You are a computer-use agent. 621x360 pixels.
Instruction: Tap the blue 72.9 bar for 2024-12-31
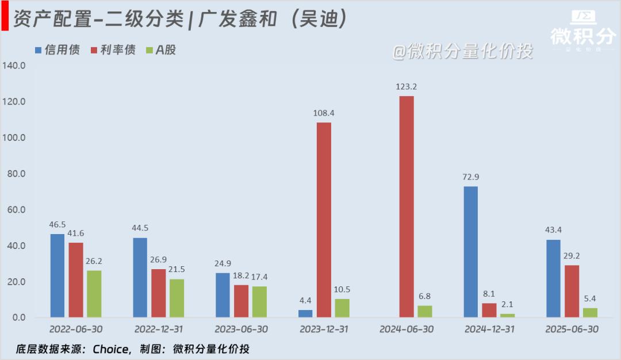(x=470, y=251)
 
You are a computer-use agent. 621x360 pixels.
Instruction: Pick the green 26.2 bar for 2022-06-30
(x=94, y=293)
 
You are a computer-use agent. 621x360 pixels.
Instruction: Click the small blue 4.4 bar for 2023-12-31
(x=305, y=313)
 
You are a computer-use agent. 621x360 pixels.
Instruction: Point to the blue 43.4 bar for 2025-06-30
(x=553, y=278)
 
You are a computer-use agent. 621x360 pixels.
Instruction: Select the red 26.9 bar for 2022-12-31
(x=158, y=293)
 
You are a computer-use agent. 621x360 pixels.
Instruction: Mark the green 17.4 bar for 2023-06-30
(x=259, y=301)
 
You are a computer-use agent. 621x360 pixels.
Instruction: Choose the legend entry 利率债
(x=113, y=50)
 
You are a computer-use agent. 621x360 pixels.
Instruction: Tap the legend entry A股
(x=161, y=50)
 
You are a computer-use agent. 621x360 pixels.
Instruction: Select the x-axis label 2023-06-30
(x=241, y=330)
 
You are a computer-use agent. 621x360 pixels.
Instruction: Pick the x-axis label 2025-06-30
(x=572, y=330)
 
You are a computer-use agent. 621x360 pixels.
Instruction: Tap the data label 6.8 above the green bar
(x=424, y=297)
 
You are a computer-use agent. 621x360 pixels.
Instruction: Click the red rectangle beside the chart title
(x=5, y=20)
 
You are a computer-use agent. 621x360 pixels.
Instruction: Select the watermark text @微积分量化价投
(x=462, y=52)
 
